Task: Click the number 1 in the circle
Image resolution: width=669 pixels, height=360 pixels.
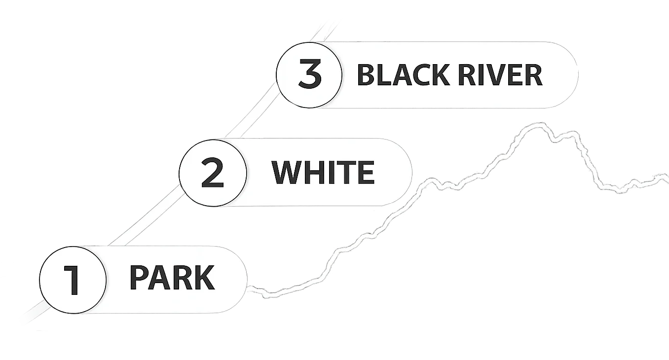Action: point(72,280)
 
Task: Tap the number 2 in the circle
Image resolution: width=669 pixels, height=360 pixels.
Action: point(213,173)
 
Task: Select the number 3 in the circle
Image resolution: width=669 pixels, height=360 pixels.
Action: point(310,73)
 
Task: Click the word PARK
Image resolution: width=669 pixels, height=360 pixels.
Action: point(172,277)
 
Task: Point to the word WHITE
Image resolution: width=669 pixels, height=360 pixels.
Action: point(323,172)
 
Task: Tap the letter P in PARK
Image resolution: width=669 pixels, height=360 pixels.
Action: point(139,277)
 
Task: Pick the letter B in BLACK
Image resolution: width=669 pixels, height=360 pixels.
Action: point(366,74)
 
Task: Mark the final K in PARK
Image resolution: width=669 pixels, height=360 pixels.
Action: point(204,277)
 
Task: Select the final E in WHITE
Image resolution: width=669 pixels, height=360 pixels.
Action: point(366,172)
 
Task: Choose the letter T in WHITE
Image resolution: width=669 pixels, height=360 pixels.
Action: point(346,172)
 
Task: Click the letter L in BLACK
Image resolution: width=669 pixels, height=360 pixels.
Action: point(384,74)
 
